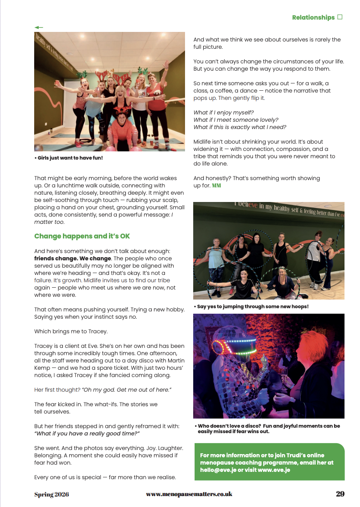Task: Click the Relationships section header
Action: (313, 17)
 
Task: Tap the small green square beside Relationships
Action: (339, 17)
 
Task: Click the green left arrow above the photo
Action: (39, 27)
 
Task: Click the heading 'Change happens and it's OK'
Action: (82, 236)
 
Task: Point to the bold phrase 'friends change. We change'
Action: (72, 259)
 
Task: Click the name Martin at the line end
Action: (175, 361)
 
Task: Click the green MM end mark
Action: (216, 186)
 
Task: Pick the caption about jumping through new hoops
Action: (251, 306)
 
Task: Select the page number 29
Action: (340, 494)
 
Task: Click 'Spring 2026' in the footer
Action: (51, 494)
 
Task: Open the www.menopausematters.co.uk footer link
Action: (189, 494)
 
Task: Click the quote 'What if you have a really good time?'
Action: (87, 434)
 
